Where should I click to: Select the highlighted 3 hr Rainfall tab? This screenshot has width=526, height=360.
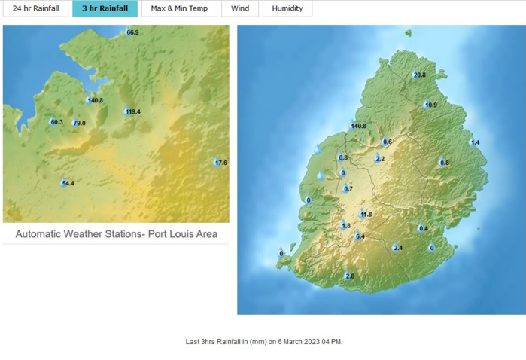tap(105, 8)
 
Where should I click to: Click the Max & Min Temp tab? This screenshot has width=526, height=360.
tap(179, 8)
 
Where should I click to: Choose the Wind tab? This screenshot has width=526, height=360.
tap(240, 8)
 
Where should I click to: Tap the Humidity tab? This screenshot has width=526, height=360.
tap(287, 8)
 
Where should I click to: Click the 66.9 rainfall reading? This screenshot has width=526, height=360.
tap(132, 32)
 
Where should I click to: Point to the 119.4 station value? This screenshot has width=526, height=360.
tap(133, 111)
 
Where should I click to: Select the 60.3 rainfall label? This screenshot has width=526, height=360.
tap(56, 122)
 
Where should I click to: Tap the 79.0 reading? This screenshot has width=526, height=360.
tap(79, 123)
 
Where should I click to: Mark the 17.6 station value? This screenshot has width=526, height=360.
tap(220, 163)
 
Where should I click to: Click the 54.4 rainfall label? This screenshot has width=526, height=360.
tap(68, 183)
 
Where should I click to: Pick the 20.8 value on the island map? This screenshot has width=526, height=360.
tap(419, 75)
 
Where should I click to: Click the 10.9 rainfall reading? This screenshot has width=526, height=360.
tap(430, 105)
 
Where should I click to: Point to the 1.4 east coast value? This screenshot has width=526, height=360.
tap(475, 142)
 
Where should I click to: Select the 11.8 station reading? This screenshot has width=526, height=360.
tap(366, 215)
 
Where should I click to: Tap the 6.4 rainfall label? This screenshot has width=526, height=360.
tap(360, 236)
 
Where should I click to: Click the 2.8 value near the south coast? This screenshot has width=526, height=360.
tap(349, 276)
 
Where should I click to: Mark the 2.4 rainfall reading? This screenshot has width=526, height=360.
tap(397, 248)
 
